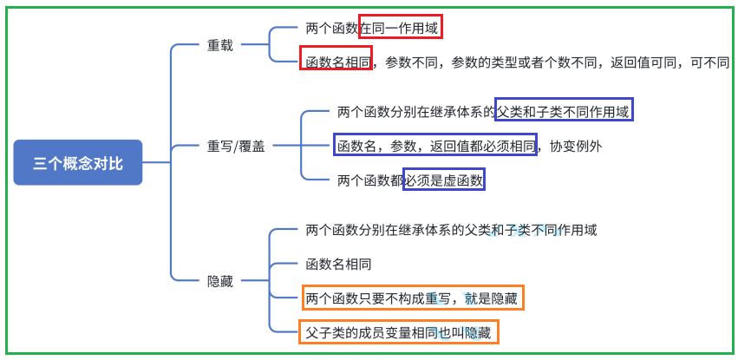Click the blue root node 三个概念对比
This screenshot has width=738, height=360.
click(77, 162)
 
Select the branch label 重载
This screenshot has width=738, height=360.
click(219, 45)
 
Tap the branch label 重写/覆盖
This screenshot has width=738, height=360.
click(235, 146)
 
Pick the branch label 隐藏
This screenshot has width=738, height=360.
click(219, 281)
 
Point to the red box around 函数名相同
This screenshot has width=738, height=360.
click(336, 62)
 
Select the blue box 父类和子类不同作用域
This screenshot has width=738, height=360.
click(564, 111)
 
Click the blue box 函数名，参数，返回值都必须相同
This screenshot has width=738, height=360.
click(435, 146)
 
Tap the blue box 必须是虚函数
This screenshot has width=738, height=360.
click(443, 180)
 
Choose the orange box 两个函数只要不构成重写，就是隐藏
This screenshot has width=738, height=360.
click(412, 299)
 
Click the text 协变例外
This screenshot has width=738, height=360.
click(576, 146)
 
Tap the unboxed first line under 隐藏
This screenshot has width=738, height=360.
click(451, 230)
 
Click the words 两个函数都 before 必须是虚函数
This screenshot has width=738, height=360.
click(370, 180)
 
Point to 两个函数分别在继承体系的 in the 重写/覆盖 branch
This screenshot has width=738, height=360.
click(415, 111)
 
